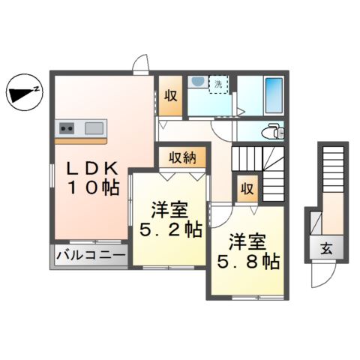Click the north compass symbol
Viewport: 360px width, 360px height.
point(24,94)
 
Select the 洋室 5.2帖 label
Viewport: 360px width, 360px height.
point(169,220)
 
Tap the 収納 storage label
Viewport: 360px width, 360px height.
point(182,157)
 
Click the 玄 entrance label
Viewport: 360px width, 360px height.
point(328,248)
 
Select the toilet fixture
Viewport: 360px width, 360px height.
point(271,132)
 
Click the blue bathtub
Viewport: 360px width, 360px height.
point(273,95)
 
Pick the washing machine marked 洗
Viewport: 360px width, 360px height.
point(217,84)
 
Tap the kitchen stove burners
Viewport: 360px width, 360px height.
point(65,128)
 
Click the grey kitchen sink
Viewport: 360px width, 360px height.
point(95,127)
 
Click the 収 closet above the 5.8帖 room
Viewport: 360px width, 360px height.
point(245,189)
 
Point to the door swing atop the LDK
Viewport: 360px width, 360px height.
point(139,66)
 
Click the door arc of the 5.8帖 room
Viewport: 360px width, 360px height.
point(219,217)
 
